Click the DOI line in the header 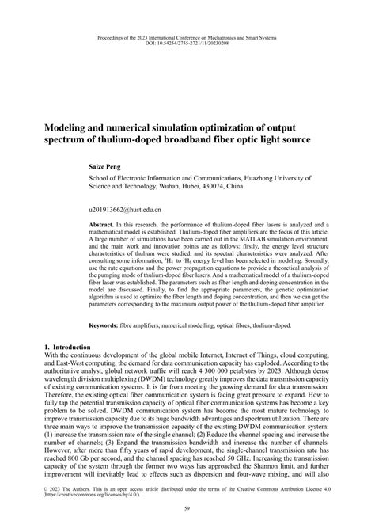click(x=187, y=44)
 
